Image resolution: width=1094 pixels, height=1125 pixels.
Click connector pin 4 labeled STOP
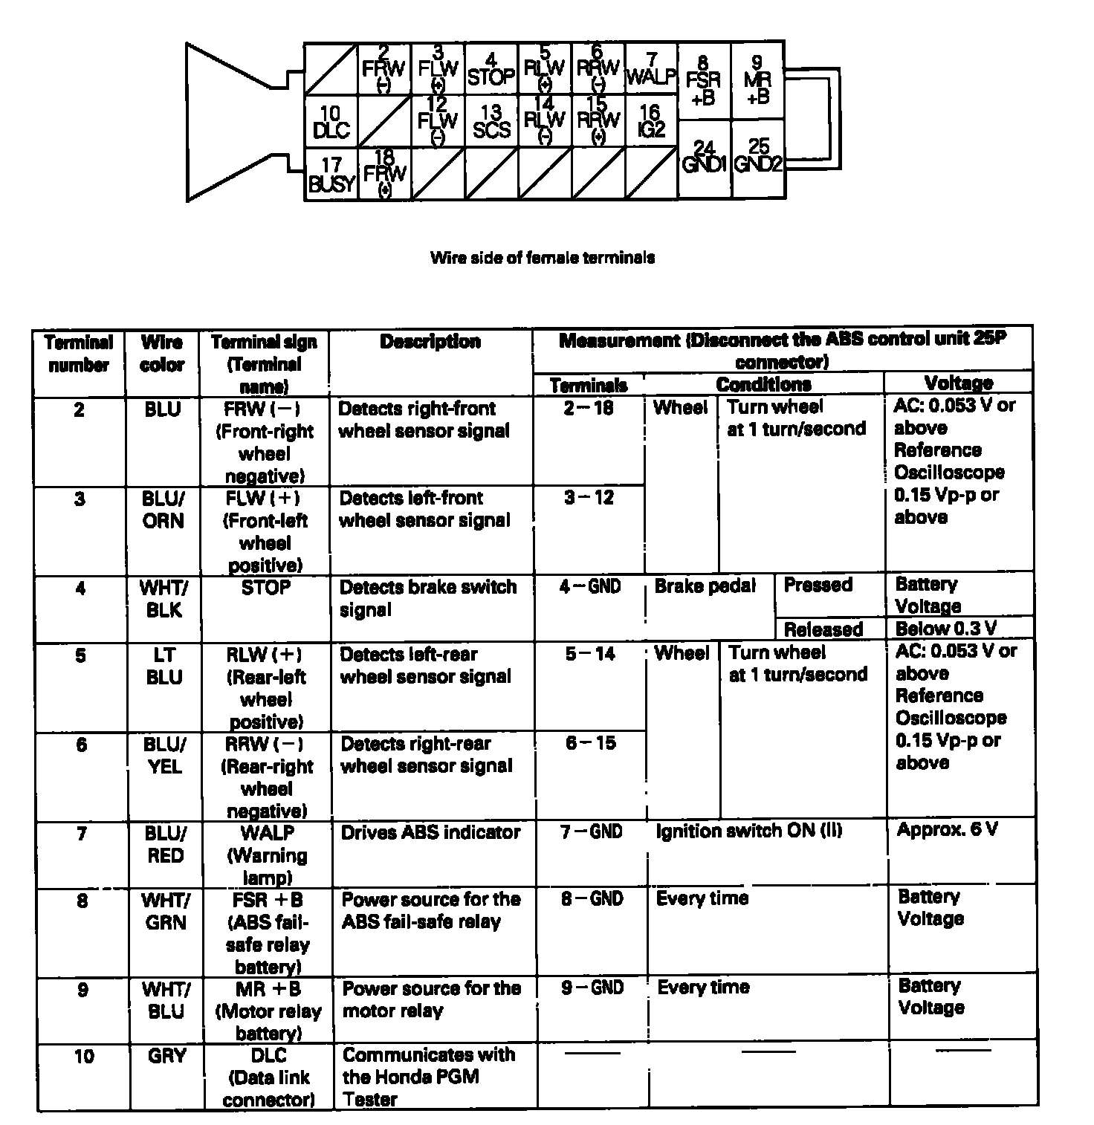point(491,69)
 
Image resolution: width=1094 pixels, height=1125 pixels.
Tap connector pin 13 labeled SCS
point(491,122)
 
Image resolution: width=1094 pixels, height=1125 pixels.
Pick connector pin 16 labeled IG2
point(650,122)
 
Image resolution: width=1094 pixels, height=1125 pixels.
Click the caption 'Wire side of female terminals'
point(543,258)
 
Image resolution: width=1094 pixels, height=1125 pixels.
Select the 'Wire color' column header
point(162,354)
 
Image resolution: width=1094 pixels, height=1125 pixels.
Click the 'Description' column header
point(430,342)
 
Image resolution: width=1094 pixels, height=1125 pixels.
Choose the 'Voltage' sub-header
point(959,383)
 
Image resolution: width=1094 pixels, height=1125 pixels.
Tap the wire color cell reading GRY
point(166,1056)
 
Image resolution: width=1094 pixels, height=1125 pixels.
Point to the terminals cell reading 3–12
point(589,498)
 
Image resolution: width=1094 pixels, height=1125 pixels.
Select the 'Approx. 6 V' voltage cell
point(947,830)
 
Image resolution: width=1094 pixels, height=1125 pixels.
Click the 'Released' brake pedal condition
point(823,630)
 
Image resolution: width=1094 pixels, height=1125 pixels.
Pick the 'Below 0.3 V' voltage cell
point(946,629)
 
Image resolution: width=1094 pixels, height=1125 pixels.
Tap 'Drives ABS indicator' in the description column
point(430,832)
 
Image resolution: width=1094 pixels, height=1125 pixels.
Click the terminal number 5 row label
point(80,655)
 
